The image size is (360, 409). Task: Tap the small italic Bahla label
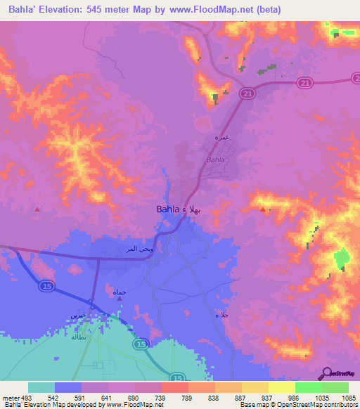pyautogui.click(x=214, y=160)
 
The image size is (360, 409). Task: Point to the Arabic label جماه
pyautogui.click(x=119, y=290)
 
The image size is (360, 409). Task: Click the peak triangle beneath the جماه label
pyautogui.click(x=120, y=299)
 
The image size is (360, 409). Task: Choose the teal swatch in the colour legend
pyautogui.click(x=41, y=387)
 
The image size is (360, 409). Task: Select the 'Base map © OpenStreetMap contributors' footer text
pyautogui.click(x=297, y=405)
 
